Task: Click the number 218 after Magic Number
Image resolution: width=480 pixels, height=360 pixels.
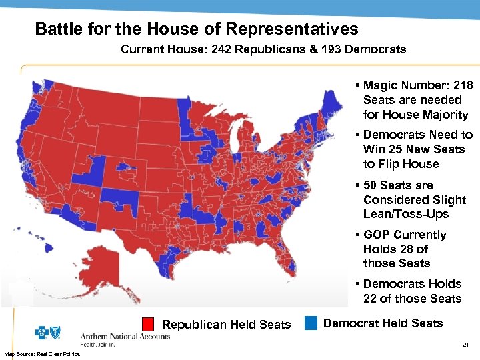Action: pyautogui.click(x=462, y=85)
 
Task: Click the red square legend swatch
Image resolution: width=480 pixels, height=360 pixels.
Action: pyautogui.click(x=148, y=324)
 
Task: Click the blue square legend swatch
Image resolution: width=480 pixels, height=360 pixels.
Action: pyautogui.click(x=310, y=323)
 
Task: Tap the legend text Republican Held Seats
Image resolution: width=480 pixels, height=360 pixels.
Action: pyautogui.click(x=227, y=325)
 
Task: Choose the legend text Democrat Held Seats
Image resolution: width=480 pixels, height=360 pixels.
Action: pyautogui.click(x=383, y=323)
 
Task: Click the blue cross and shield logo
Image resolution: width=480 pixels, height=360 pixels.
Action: pyautogui.click(x=51, y=333)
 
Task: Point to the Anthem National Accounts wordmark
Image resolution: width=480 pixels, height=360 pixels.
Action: pyautogui.click(x=125, y=337)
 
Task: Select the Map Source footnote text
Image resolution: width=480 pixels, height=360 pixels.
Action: pyautogui.click(x=42, y=353)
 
